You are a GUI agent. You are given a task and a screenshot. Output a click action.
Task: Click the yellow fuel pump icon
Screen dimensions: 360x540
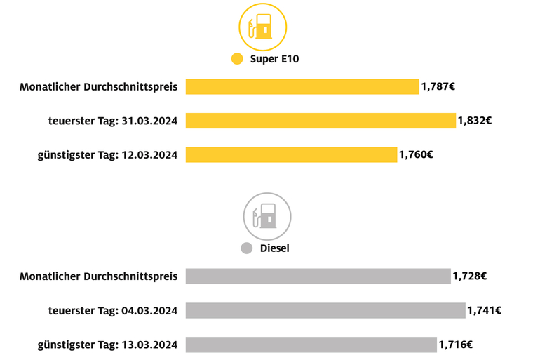click(x=263, y=27)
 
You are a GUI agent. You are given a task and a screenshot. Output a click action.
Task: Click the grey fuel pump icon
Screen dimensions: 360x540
click(x=266, y=216)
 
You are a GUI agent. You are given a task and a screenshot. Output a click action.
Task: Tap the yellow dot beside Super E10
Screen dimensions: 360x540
click(x=237, y=59)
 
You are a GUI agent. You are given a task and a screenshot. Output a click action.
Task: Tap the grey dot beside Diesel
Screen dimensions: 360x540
click(x=246, y=248)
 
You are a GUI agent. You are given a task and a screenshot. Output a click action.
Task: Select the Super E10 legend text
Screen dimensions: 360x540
click(x=275, y=59)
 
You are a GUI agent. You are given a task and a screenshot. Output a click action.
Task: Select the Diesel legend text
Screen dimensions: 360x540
click(x=274, y=248)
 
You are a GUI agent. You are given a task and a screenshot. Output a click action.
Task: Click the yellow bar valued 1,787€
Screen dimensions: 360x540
click(x=302, y=87)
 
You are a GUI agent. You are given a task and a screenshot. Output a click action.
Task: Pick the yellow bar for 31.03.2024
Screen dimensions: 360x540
click(x=320, y=121)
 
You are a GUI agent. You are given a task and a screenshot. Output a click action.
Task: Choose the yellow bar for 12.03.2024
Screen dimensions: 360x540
click(x=291, y=154)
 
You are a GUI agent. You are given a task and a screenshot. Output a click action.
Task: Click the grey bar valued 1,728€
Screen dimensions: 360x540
click(x=318, y=276)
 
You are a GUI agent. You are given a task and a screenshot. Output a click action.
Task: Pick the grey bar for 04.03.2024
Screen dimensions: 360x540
click(x=325, y=310)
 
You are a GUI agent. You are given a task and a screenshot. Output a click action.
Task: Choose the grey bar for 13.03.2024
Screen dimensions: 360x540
click(x=311, y=345)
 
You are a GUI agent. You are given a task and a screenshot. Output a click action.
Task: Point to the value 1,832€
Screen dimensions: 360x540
click(x=475, y=121)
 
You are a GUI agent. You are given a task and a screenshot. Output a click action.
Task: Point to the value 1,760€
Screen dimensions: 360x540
click(x=416, y=154)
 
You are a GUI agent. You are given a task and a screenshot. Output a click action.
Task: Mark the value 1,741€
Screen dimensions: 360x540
click(x=485, y=310)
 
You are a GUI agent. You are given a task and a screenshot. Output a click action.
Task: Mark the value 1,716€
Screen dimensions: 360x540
click(x=456, y=345)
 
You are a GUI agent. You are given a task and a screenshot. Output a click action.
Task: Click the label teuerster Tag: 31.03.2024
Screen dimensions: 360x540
click(x=112, y=121)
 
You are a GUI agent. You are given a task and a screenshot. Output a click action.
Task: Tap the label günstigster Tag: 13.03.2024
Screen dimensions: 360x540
click(x=107, y=345)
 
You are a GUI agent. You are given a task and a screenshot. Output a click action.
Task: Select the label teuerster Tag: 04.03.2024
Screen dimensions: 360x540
click(x=112, y=310)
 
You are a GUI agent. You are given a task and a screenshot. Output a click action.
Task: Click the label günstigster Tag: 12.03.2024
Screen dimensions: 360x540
click(x=107, y=154)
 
